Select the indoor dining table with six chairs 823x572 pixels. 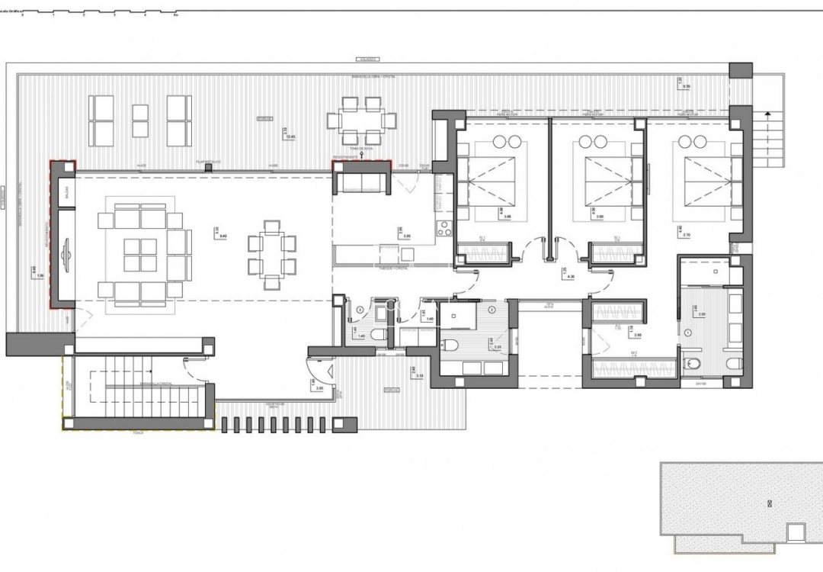coord(270,255)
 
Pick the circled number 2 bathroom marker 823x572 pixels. coord(492,311)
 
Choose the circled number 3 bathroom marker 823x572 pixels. coord(360,310)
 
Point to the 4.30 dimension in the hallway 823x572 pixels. coord(564,275)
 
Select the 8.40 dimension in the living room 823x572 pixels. coord(222,236)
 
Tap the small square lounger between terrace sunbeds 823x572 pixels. coord(140,120)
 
